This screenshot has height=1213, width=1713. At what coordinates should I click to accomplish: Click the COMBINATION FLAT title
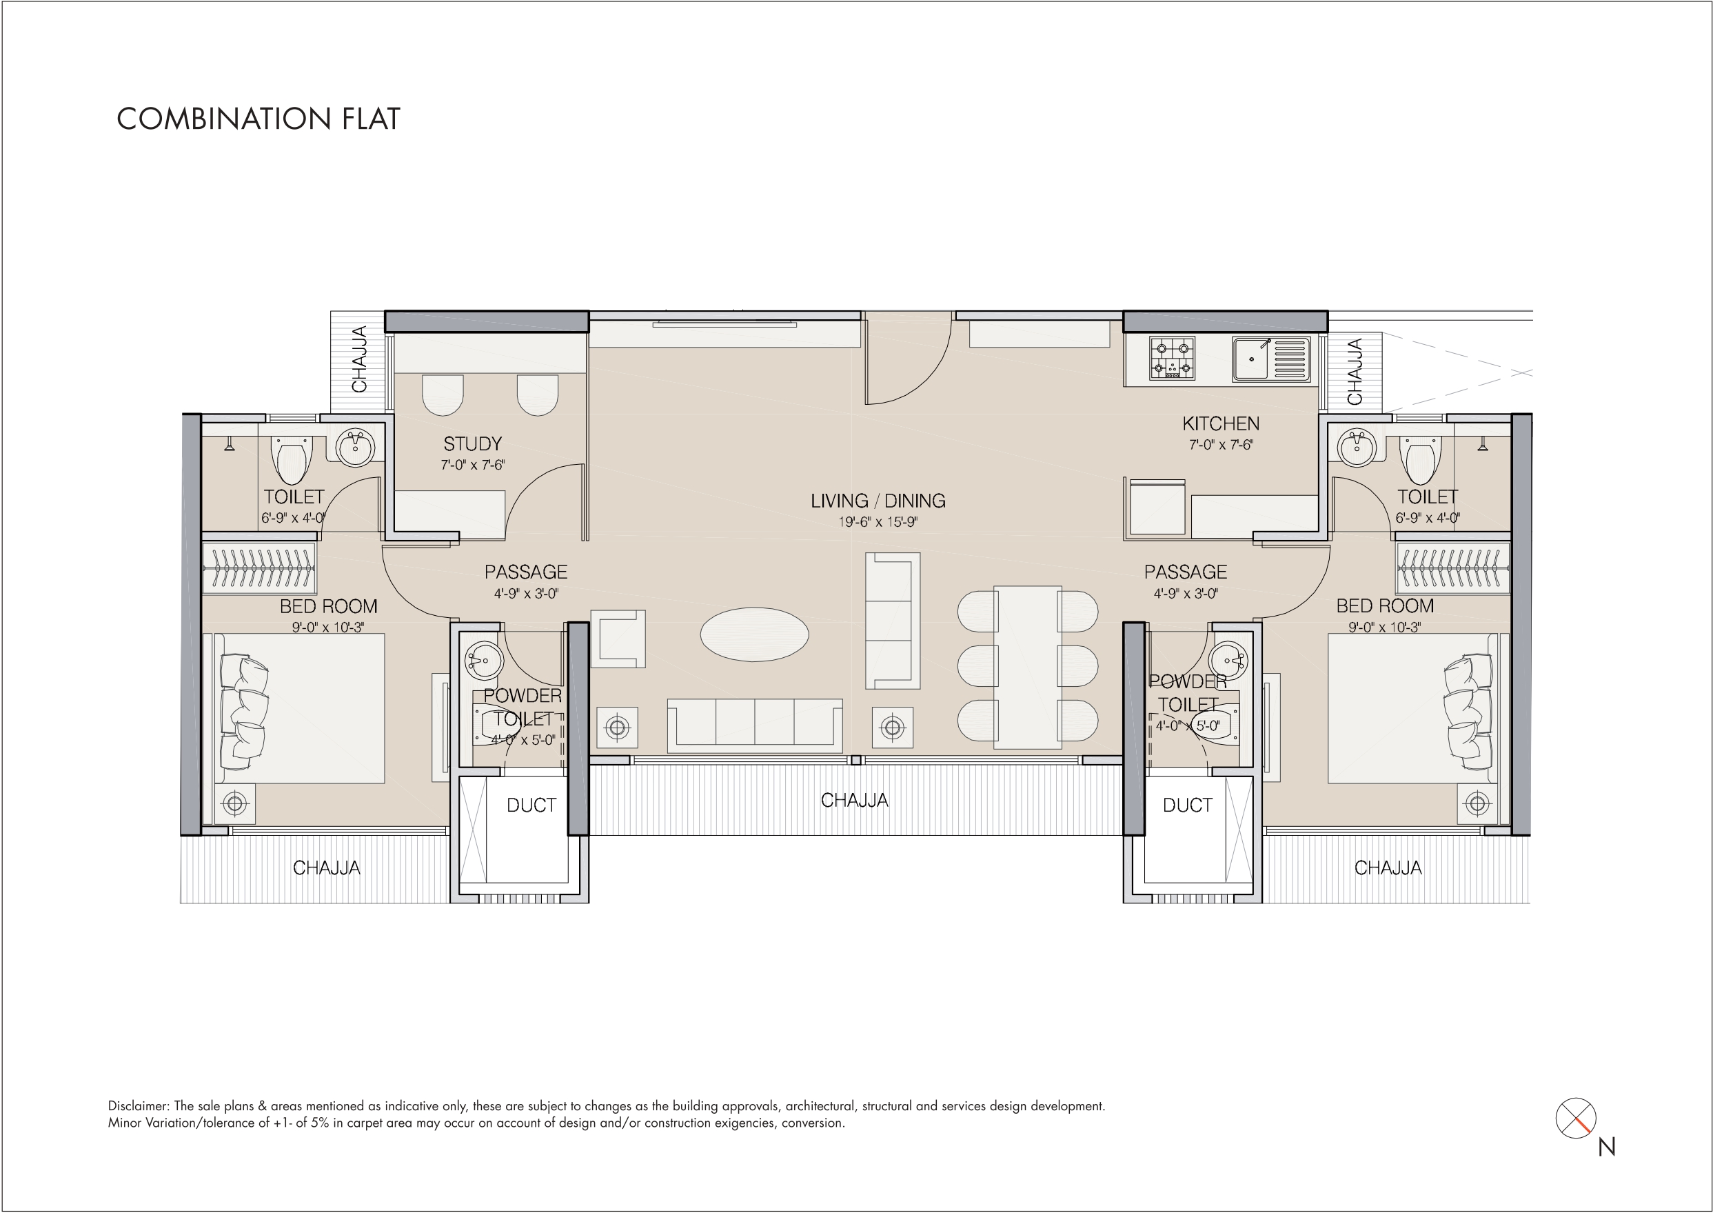(259, 119)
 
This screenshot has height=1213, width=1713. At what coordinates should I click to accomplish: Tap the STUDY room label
(473, 444)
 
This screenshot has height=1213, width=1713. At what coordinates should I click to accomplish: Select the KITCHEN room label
(1221, 423)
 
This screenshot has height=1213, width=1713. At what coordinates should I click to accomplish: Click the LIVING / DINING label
(878, 501)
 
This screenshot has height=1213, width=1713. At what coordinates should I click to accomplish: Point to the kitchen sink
(1272, 359)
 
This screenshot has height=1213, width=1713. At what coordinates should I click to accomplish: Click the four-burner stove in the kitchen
(1172, 359)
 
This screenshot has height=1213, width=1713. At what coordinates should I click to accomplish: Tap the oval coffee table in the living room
(754, 635)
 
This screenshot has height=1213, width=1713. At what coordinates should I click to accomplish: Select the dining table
(1028, 667)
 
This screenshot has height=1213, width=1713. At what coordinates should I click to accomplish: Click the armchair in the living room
(618, 639)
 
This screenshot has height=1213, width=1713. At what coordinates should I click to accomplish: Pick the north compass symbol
(1576, 1118)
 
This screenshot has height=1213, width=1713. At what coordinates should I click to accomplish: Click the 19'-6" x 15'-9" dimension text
(878, 522)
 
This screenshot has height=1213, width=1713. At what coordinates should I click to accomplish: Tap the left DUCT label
(531, 805)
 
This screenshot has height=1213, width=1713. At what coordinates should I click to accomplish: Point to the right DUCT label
(1187, 805)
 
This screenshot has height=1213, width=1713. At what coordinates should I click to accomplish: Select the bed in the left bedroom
(299, 708)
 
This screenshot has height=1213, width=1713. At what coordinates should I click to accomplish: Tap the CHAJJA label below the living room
(854, 801)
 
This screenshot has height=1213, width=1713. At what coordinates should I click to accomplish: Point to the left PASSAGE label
(526, 572)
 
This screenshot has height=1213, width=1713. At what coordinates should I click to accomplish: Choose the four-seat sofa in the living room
(755, 722)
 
